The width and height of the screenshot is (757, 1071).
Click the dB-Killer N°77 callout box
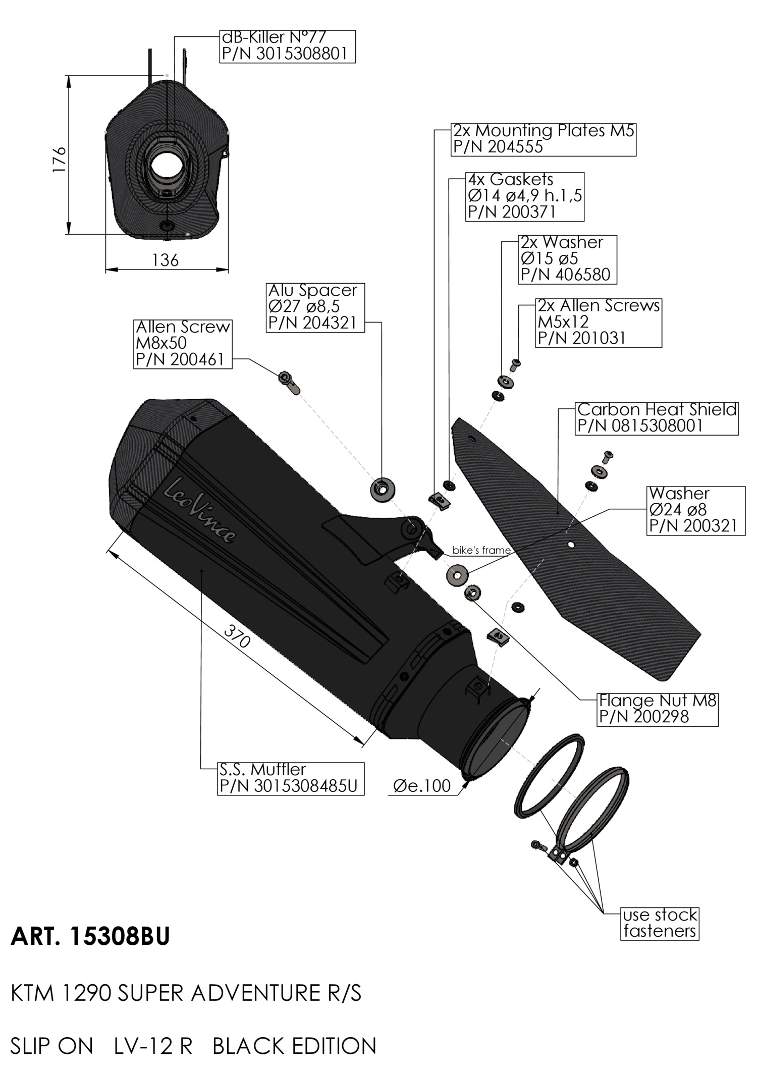click(287, 46)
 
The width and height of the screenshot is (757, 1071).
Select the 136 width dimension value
click(166, 260)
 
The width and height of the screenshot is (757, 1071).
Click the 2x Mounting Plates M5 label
click(543, 139)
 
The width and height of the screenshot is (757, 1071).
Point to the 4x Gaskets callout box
click(524, 196)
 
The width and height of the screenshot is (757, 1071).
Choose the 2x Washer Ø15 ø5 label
click(567, 258)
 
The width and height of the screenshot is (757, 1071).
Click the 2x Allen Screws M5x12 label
click(598, 322)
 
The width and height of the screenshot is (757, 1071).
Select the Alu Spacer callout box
click(315, 307)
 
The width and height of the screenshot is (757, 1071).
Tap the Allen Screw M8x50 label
click(183, 343)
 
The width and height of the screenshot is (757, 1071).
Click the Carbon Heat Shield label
click(657, 417)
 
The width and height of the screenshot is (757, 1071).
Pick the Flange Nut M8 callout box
click(658, 709)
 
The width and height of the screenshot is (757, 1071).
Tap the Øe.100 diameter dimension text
click(421, 785)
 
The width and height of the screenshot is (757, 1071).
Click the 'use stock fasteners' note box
click(660, 923)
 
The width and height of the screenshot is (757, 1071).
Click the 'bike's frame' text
click(481, 550)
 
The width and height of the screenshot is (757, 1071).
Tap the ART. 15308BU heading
click(90, 937)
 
